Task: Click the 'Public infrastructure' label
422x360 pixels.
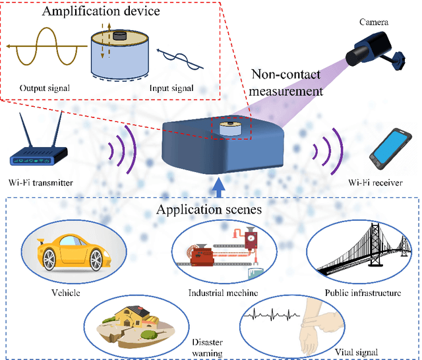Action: pos(363,292)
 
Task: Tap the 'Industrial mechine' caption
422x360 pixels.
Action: pos(214,293)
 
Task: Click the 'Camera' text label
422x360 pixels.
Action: pos(373,22)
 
